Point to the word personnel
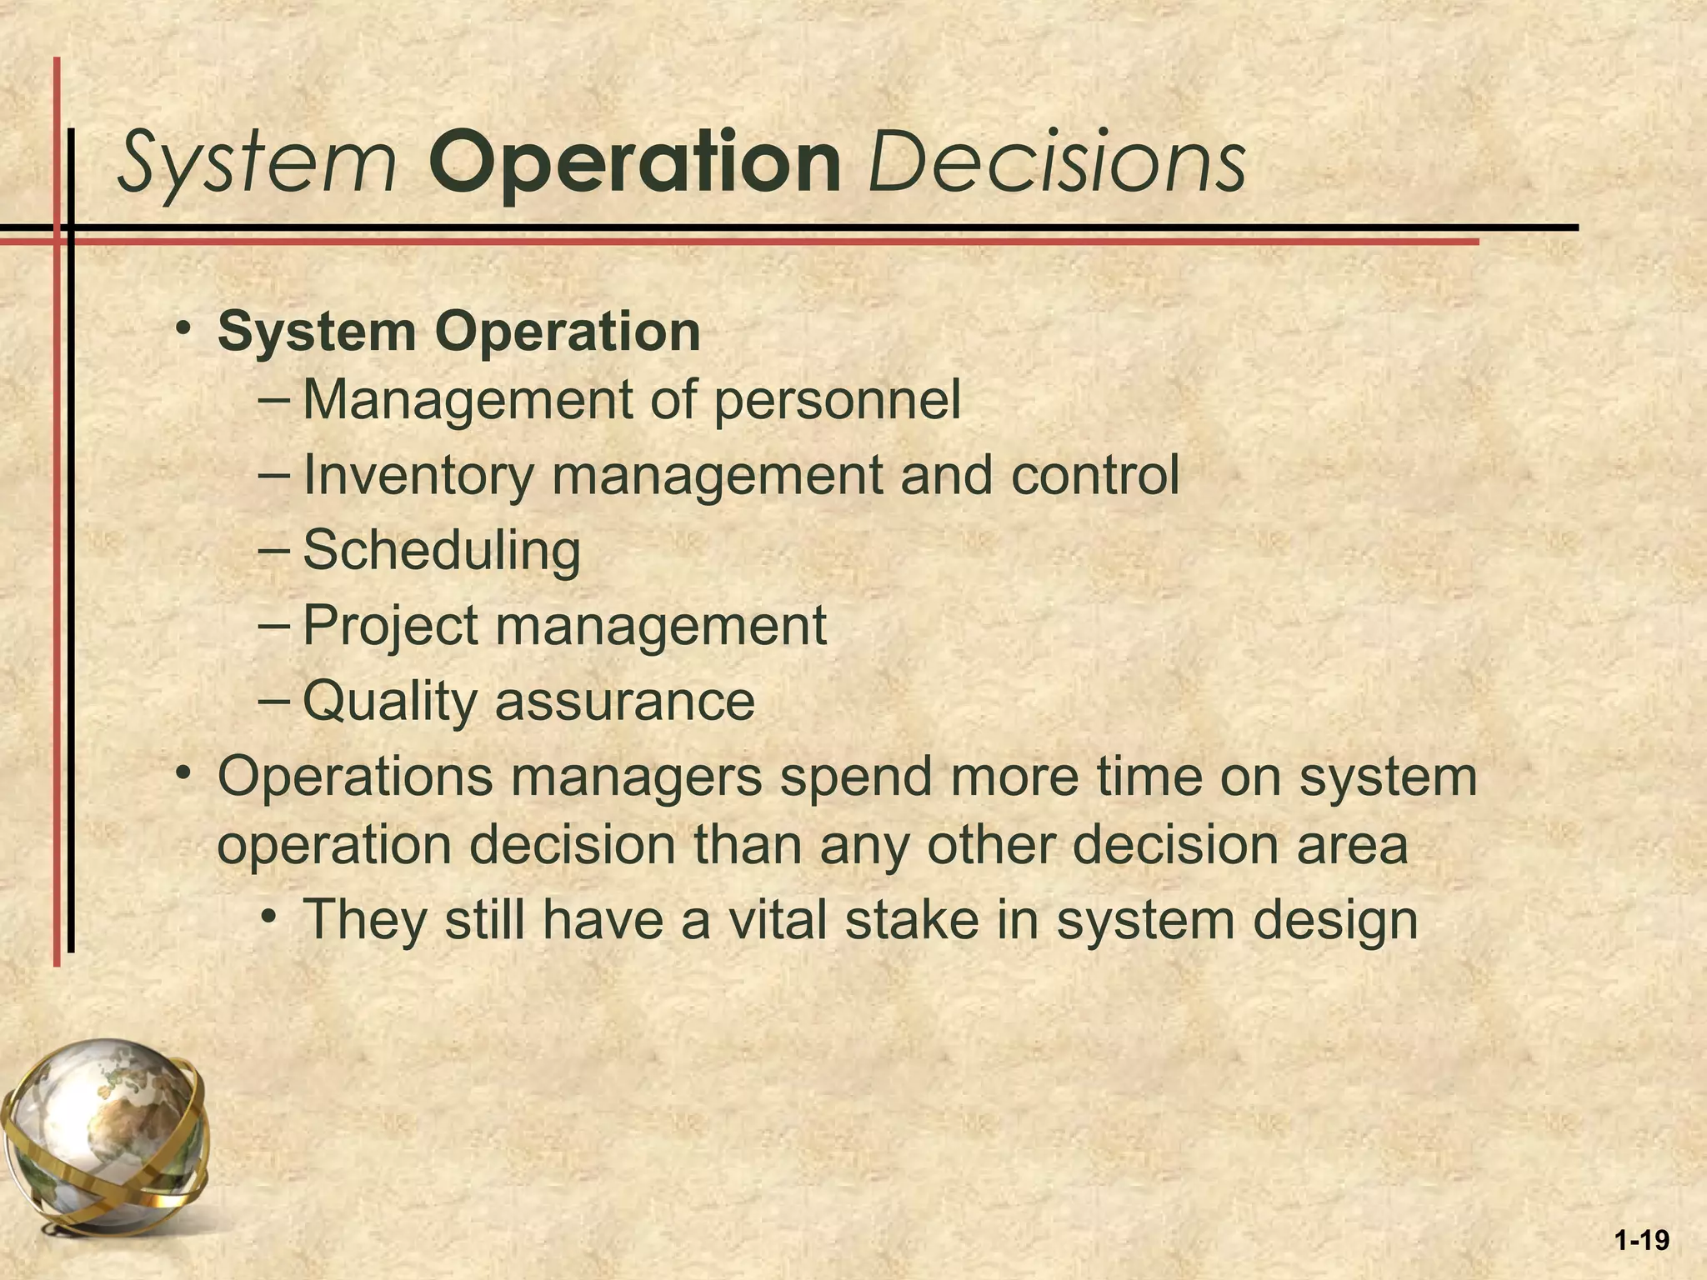pyautogui.click(x=837, y=400)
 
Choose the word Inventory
pyautogui.click(x=417, y=476)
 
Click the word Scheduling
pyautogui.click(x=442, y=552)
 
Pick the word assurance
pyautogui.click(x=625, y=702)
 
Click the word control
pyautogui.click(x=1095, y=476)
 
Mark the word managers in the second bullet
pyautogui.click(x=637, y=777)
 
